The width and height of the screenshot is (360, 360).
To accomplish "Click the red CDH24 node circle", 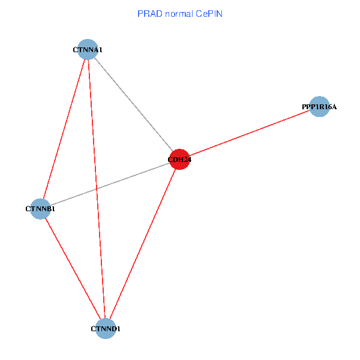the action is click(x=179, y=160).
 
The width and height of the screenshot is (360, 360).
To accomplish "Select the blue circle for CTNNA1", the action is click(x=88, y=49).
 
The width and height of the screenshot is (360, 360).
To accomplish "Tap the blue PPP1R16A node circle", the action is click(x=319, y=107).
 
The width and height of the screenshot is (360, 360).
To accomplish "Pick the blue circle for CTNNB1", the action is click(x=40, y=209).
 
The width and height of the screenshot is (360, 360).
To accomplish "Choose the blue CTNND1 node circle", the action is click(x=106, y=329).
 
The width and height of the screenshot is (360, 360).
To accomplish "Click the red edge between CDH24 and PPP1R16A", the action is click(x=250, y=133).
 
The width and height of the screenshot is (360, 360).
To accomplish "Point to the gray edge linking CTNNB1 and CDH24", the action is click(x=110, y=184).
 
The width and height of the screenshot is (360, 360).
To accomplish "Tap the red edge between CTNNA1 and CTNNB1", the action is click(x=64, y=129).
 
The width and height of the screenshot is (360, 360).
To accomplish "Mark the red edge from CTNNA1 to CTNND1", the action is click(x=97, y=189).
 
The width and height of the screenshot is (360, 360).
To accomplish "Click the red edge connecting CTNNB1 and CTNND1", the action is click(x=73, y=269).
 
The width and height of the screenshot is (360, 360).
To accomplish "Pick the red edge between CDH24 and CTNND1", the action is click(x=143, y=244).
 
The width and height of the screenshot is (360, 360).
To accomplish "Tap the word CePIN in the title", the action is click(x=209, y=14).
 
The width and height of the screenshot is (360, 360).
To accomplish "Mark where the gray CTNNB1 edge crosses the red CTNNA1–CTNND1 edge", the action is click(x=97, y=189).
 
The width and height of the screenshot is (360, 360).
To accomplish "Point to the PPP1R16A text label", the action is click(x=319, y=107).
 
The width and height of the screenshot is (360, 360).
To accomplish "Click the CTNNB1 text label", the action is click(x=40, y=209).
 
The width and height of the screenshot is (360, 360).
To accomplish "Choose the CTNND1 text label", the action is click(x=106, y=329).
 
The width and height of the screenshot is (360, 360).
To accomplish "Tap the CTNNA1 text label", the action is click(x=88, y=50).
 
